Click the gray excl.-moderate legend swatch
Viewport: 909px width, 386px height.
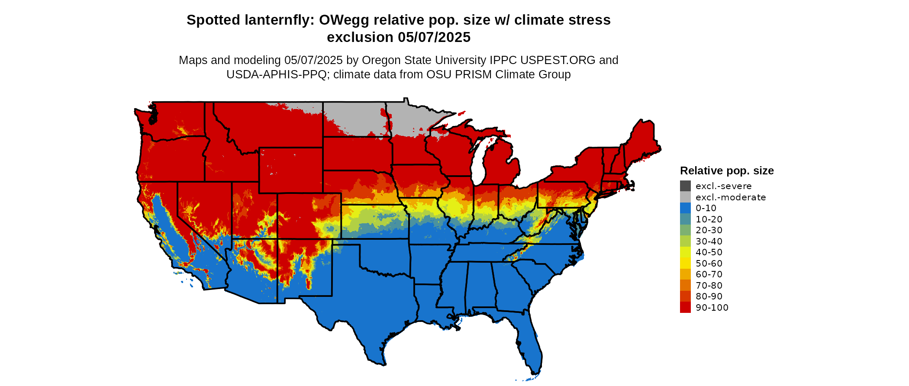[685, 197]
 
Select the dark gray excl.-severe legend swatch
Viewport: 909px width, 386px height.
[685, 186]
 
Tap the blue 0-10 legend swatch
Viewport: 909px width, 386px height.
[685, 208]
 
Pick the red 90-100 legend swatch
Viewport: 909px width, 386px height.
[685, 307]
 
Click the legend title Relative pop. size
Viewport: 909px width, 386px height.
[727, 170]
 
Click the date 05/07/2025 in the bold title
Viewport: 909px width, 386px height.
[434, 37]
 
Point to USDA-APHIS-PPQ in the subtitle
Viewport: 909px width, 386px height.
[276, 74]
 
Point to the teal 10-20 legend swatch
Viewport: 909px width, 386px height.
[685, 219]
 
